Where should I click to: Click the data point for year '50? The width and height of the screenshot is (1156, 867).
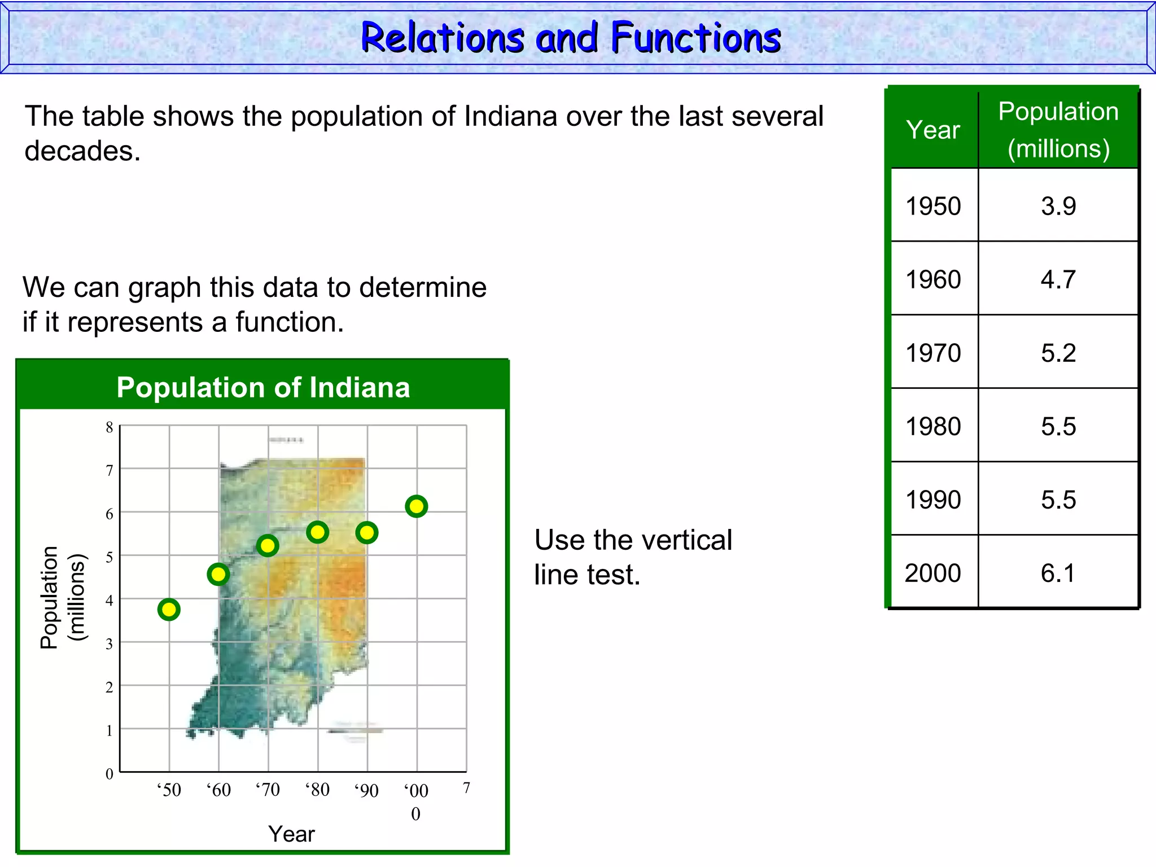[x=169, y=610]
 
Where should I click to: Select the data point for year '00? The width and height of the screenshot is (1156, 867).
[x=416, y=506]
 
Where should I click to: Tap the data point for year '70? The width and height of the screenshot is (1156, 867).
[x=268, y=546]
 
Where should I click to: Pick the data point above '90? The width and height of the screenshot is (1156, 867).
[x=367, y=532]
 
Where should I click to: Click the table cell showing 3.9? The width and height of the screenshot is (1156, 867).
[x=1058, y=206]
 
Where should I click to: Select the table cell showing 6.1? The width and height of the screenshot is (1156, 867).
[x=1058, y=573]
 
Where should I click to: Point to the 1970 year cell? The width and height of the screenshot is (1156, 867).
[x=934, y=353]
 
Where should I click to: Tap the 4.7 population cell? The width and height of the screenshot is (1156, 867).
[x=1058, y=279]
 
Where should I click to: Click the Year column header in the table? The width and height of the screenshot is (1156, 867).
[x=933, y=130]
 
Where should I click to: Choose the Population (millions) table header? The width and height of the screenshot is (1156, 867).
[x=1058, y=130]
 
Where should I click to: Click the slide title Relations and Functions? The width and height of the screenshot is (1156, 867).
[x=571, y=38]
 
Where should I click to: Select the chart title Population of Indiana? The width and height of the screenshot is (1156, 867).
[x=263, y=388]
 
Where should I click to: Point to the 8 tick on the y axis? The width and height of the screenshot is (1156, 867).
[x=110, y=427]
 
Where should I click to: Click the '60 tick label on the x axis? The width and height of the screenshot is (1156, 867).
[x=218, y=790]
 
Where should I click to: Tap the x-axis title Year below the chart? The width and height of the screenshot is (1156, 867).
[x=291, y=834]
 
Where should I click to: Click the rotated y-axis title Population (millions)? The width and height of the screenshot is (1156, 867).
[x=62, y=597]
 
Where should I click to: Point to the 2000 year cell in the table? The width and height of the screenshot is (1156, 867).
[x=933, y=573]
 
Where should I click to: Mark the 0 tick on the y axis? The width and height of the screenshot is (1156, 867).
[x=110, y=774]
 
